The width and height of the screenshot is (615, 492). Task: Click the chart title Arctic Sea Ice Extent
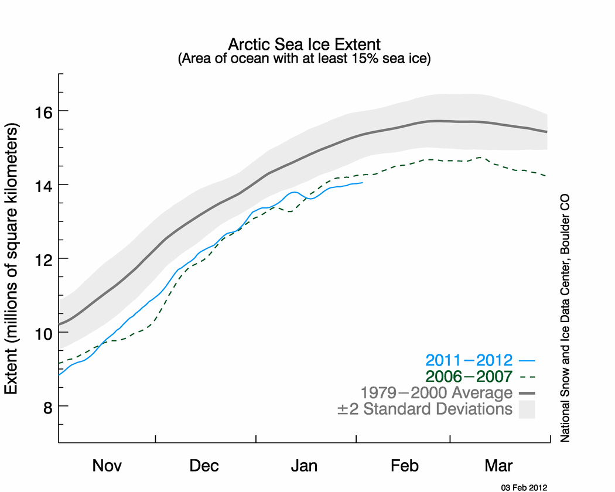[304, 45]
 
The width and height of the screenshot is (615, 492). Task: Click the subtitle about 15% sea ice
[304, 59]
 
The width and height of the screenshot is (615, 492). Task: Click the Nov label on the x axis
[107, 466]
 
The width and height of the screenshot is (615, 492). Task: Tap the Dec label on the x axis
[204, 466]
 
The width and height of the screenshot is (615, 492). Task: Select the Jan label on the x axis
[305, 466]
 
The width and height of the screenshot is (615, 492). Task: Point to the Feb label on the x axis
[404, 466]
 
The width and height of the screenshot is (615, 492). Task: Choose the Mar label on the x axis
[498, 466]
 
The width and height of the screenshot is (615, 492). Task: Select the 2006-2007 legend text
[469, 377]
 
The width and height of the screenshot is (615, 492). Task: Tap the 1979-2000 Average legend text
[437, 392]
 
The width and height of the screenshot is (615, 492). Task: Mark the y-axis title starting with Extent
[12, 258]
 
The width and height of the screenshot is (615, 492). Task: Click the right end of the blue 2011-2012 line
[363, 183]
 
